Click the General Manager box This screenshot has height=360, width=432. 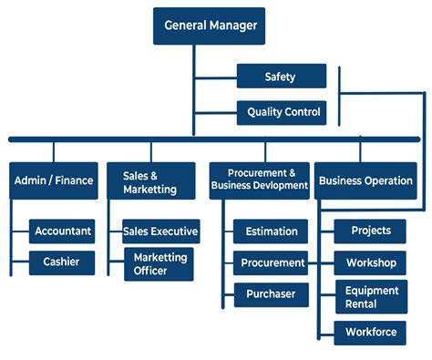209,26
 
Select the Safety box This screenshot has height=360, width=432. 281,77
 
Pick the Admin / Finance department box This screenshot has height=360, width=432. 54,180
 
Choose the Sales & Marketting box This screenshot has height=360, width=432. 149,180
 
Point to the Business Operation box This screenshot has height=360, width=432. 365,180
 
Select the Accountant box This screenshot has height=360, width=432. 63,231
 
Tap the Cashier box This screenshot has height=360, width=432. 61,262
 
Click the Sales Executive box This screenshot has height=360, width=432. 160,231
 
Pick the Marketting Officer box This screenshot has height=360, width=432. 159,264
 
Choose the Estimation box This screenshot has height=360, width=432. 272,231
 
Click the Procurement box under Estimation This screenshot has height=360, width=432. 272,262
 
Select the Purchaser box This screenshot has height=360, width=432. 272,294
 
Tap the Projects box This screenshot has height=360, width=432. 371,231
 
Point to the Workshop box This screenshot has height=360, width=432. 371,262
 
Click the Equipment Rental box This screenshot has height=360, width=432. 371,297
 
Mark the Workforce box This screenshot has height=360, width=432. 371,332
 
